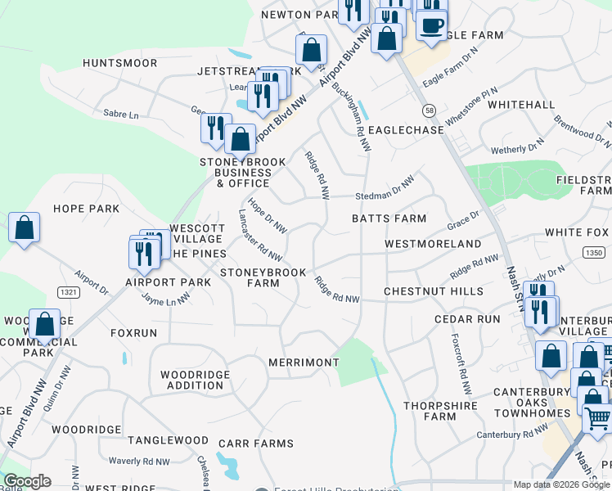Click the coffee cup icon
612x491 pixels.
point(431,24)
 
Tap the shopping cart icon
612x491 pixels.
point(598,418)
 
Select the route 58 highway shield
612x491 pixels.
point(429,110)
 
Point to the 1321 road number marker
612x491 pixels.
point(70,291)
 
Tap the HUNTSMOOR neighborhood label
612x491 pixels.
point(119,63)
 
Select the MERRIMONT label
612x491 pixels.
point(304,363)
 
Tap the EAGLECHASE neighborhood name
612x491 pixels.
point(406,130)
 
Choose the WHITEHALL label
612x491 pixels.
point(521,106)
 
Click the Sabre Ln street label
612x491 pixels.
point(120,115)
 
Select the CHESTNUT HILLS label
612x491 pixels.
point(434,291)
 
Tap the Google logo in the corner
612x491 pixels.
point(27,481)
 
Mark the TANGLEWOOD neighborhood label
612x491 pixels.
point(168,440)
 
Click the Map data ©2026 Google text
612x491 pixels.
point(561,484)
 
